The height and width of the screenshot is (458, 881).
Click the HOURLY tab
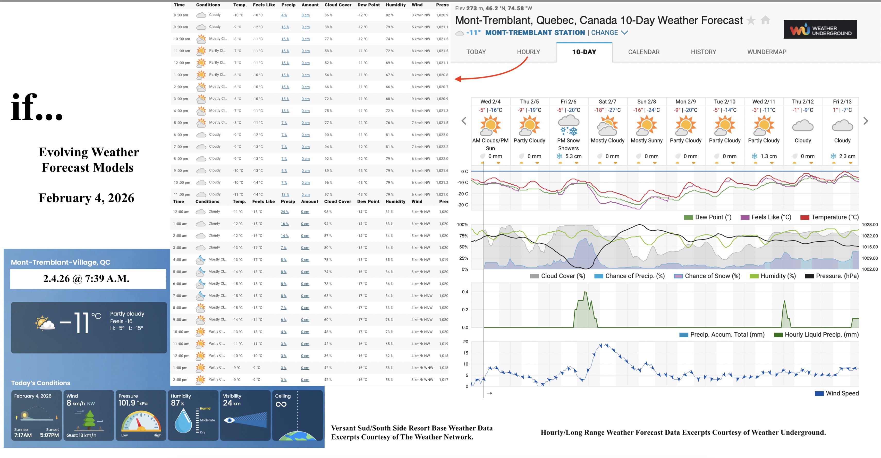pyautogui.click(x=528, y=52)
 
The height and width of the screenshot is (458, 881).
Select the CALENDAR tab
pyautogui.click(x=644, y=52)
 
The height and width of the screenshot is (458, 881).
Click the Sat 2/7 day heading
pyautogui.click(x=607, y=101)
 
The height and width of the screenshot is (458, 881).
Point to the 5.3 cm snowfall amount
pyautogui.click(x=573, y=156)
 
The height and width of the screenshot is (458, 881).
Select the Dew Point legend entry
pyautogui.click(x=708, y=217)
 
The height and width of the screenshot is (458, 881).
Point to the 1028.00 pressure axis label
pyautogui.click(x=869, y=225)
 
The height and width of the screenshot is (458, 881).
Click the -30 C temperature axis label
pyautogui.click(x=463, y=205)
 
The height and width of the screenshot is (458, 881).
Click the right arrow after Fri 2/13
pyautogui.click(x=866, y=121)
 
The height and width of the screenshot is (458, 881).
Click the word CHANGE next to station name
pyautogui.click(x=604, y=33)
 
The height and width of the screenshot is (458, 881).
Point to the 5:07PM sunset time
pyautogui.click(x=49, y=435)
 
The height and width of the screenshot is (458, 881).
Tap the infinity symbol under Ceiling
pyautogui.click(x=281, y=404)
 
